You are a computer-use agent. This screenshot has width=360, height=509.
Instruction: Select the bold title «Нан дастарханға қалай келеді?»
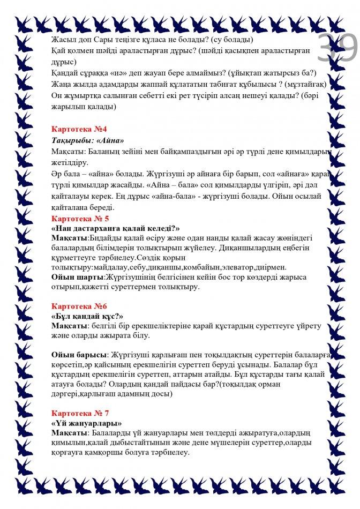[115, 228]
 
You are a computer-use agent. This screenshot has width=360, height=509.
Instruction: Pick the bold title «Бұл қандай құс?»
[87, 316]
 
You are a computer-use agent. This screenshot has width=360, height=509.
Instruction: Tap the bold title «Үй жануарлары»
[86, 423]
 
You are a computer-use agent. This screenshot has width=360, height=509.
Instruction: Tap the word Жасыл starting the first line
[63, 40]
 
